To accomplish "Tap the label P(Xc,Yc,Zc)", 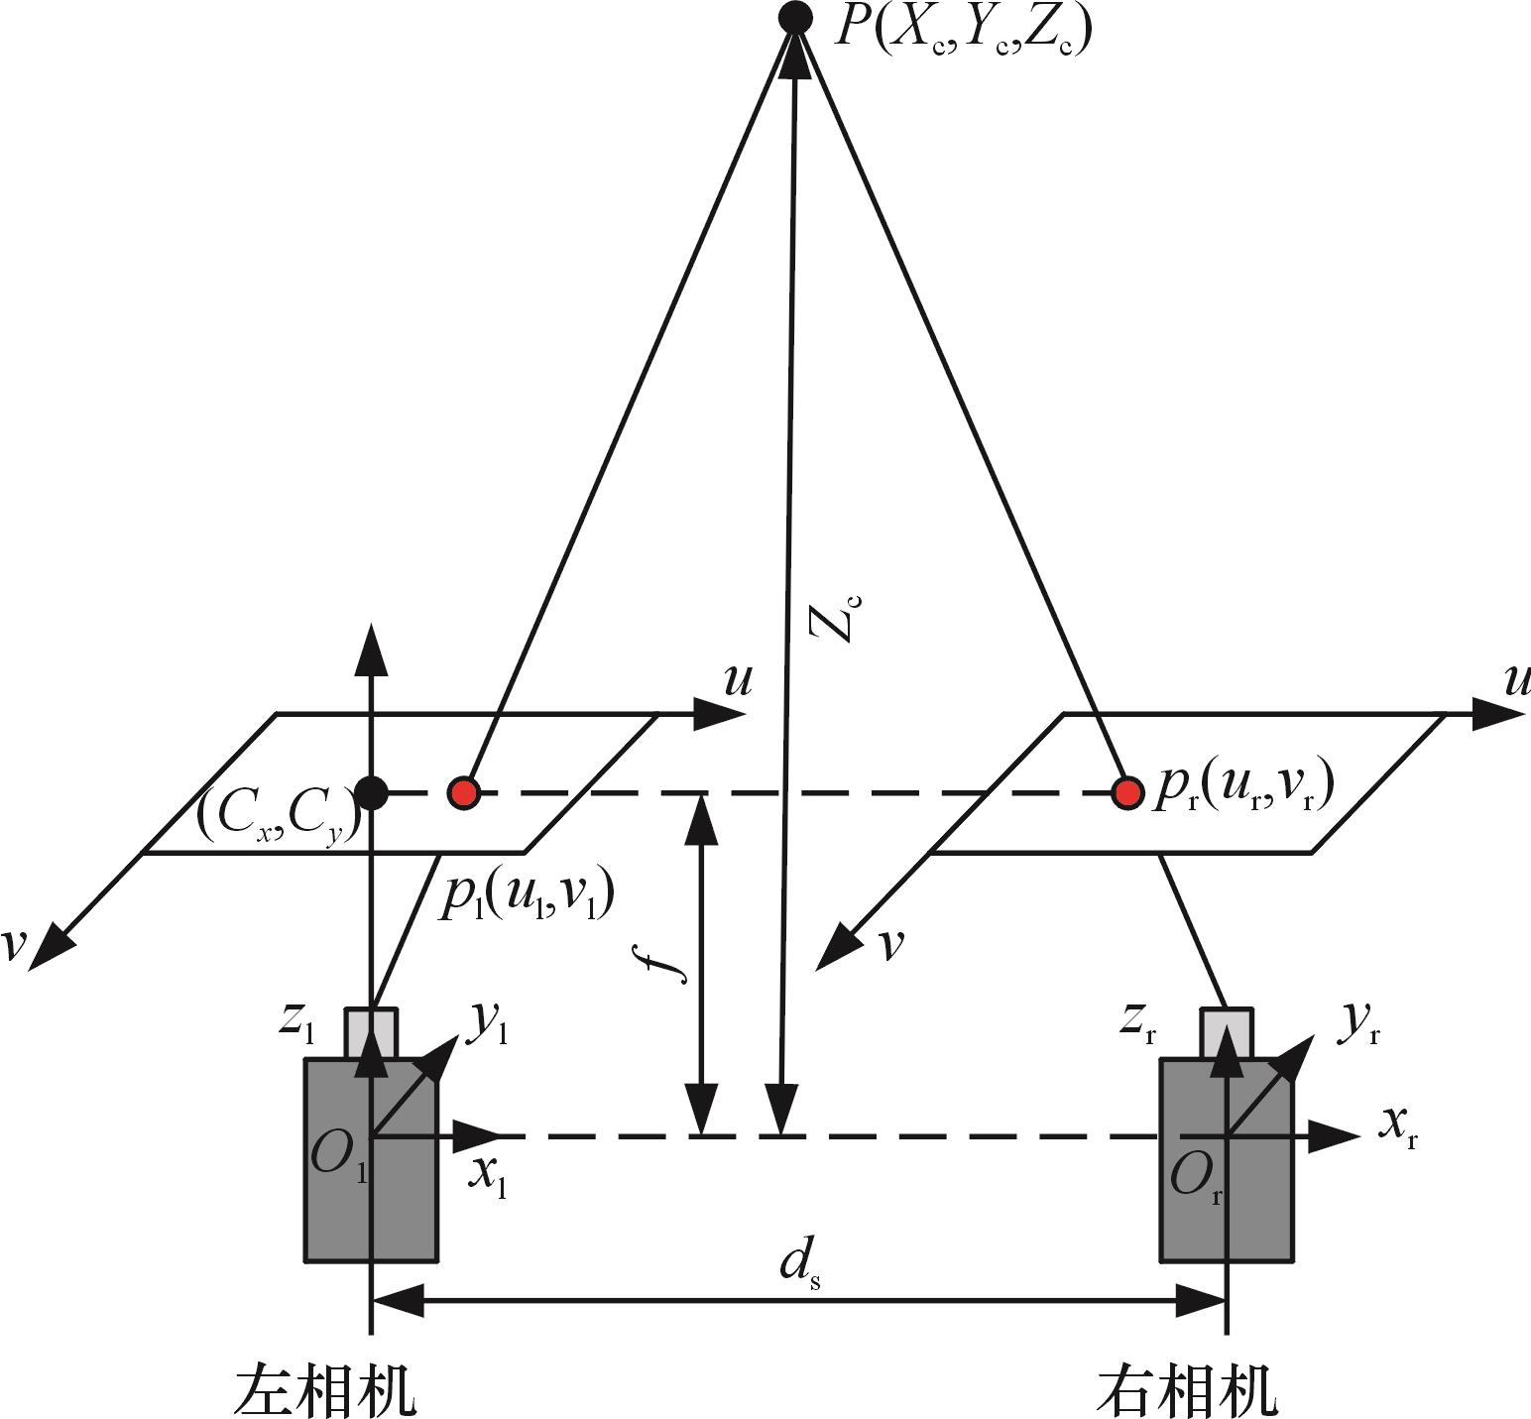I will click(x=962, y=28).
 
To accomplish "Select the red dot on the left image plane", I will click(x=463, y=792).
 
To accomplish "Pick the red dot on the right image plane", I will click(x=1126, y=792).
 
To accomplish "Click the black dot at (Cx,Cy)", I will click(x=371, y=792).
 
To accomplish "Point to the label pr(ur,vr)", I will click(x=1242, y=790).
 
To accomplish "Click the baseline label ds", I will click(x=799, y=1265).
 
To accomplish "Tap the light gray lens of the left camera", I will click(x=371, y=1033).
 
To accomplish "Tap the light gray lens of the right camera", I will click(x=1227, y=1033).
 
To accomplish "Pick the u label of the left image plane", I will click(x=738, y=681).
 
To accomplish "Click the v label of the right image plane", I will click(x=891, y=945).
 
